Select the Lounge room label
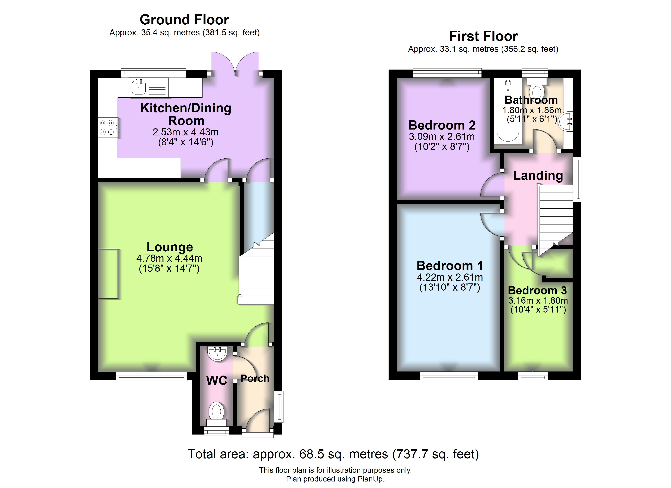coord(170,247)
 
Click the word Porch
coord(255,378)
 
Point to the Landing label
coord(538,175)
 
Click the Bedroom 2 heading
coord(442,125)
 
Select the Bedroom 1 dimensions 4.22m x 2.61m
coord(450,277)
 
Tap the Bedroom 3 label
coord(538,290)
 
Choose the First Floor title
coord(484,36)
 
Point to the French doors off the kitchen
coord(235,63)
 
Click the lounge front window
coord(151,376)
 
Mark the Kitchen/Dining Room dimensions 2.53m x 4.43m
coord(185,132)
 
